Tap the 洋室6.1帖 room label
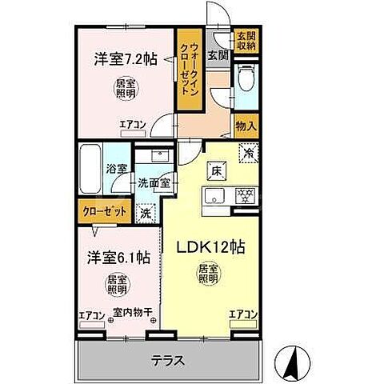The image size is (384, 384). pos(118,258)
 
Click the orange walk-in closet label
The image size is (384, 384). pos(189,72)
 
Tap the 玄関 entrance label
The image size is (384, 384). pos(218,55)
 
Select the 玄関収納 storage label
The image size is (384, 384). pos(246,41)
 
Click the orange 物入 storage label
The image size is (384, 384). pos(246,124)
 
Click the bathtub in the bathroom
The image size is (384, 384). pos(90,170)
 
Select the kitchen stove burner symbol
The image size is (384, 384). pos(246,194)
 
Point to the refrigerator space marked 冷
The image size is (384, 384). pos(250,152)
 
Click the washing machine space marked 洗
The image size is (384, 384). pos(145,213)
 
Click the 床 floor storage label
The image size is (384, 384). pos(216,170)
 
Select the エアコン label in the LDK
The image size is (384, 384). pos(242,314)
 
